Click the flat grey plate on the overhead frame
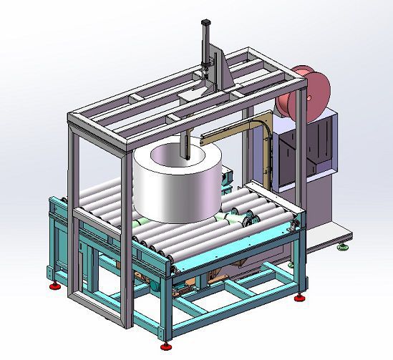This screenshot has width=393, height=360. (192, 94)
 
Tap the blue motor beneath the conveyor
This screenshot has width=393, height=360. (153, 282)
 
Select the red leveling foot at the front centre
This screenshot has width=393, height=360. (168, 346)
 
